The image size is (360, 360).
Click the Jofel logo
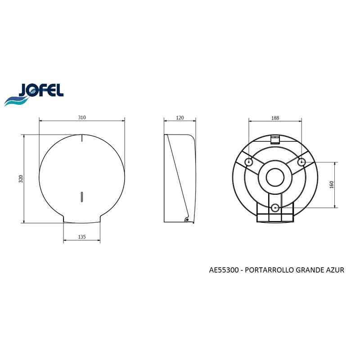34,94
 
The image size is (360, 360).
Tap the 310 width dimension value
82,117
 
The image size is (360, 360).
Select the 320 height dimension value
21,179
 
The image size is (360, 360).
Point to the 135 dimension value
82,237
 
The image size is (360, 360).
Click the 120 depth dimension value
180,118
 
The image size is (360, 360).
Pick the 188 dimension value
275,118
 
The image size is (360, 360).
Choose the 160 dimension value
332,184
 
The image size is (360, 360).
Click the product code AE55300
224,270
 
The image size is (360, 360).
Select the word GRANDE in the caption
310,270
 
